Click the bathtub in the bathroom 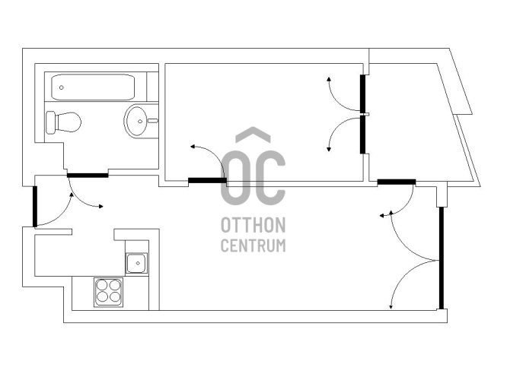93,87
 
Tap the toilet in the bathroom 63,122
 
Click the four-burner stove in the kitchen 109,292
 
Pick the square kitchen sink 137,263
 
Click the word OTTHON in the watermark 253,225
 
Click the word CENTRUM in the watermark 253,245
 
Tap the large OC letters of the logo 253,178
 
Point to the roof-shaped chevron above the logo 253,135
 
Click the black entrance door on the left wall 35,206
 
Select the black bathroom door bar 88,176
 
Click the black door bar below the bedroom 207,180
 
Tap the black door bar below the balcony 397,182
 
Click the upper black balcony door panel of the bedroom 363,93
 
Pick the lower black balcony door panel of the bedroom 363,135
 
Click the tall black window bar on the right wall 442,258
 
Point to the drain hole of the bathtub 62,87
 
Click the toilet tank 50,122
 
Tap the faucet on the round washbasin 152,121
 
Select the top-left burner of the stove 102,285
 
